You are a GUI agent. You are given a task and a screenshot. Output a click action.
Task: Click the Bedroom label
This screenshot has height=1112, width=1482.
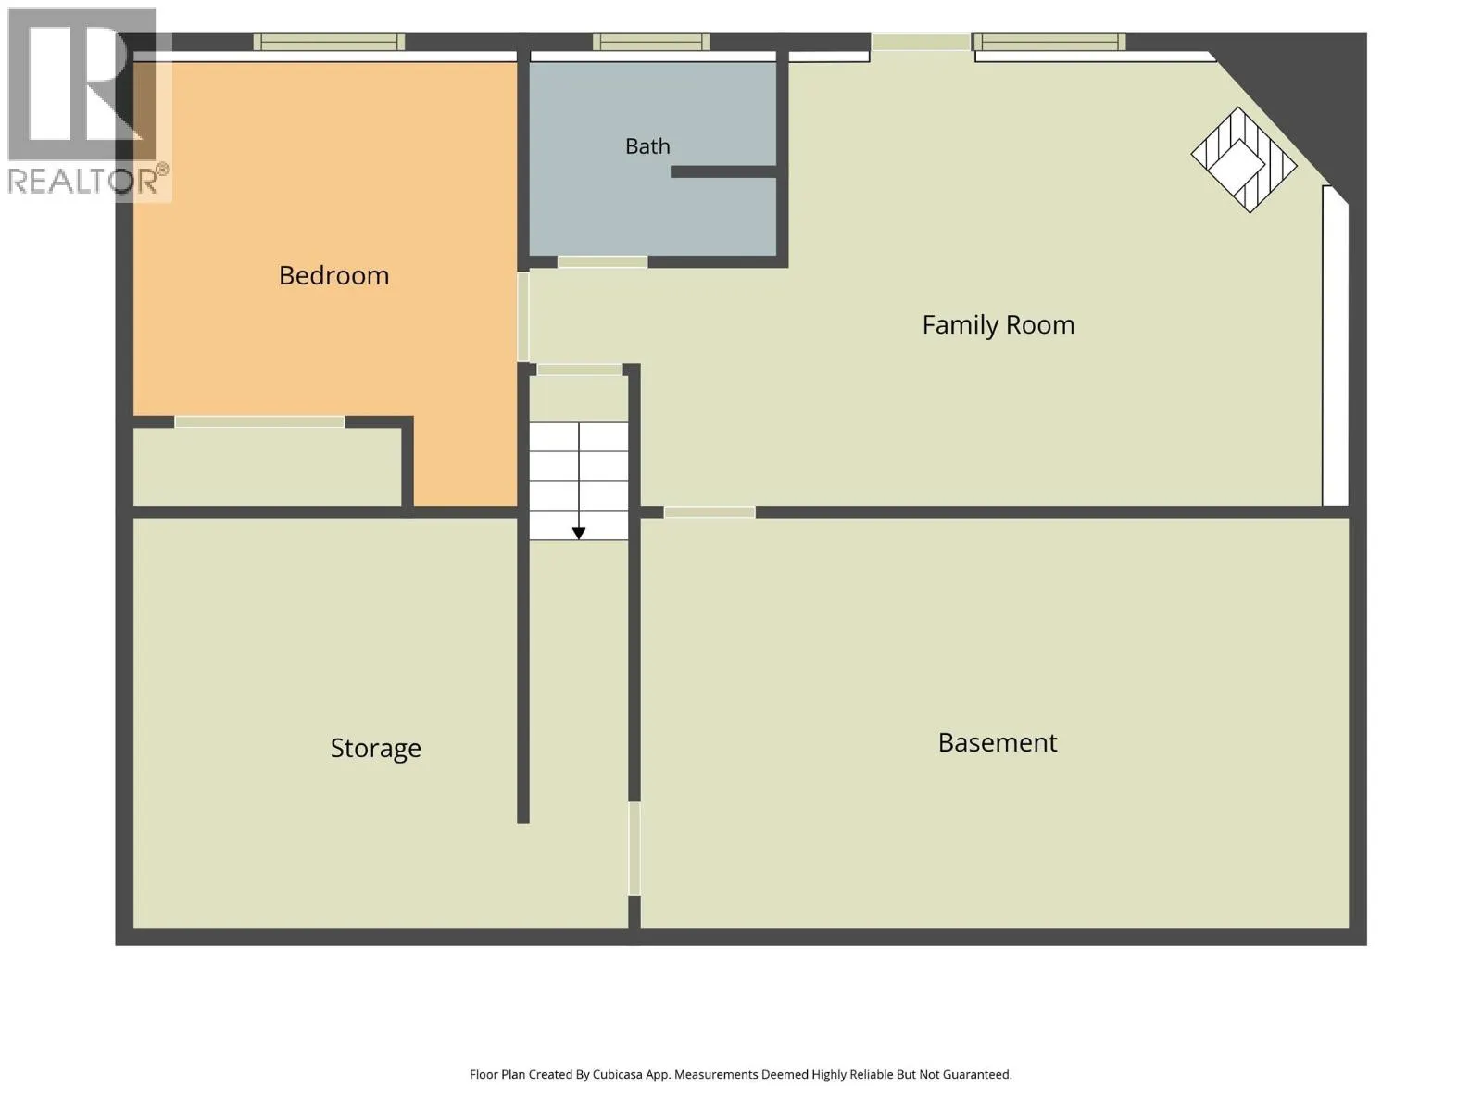pyautogui.click(x=333, y=275)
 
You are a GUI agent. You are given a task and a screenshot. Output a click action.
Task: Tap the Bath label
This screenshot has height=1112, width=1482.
pyautogui.click(x=647, y=145)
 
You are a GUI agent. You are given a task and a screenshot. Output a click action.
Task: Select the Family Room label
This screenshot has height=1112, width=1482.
pyautogui.click(x=998, y=324)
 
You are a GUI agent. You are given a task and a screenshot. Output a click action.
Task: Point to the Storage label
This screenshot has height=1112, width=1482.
pyautogui.click(x=375, y=748)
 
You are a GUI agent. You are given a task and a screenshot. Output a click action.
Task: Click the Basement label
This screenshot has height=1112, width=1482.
pyautogui.click(x=998, y=742)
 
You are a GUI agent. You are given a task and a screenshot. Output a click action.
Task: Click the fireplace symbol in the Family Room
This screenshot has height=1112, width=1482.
pyautogui.click(x=1244, y=160)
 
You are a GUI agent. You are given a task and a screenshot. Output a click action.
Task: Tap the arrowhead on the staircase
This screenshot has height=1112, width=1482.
pyautogui.click(x=579, y=534)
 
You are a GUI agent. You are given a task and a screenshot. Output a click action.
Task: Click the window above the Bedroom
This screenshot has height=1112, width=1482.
pyautogui.click(x=330, y=42)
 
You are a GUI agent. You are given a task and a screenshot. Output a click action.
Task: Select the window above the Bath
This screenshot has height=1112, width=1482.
pyautogui.click(x=651, y=42)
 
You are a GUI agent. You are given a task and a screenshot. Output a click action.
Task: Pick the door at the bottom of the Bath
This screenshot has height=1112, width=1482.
pyautogui.click(x=602, y=262)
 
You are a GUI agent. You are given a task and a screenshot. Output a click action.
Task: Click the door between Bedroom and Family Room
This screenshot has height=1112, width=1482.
pyautogui.click(x=523, y=317)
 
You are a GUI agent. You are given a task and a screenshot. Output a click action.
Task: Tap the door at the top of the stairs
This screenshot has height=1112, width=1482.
pyautogui.click(x=579, y=370)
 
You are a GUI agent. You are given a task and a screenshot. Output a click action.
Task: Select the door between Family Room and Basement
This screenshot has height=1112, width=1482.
pyautogui.click(x=709, y=512)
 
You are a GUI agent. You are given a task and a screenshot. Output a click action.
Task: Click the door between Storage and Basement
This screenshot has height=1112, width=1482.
pyautogui.click(x=634, y=849)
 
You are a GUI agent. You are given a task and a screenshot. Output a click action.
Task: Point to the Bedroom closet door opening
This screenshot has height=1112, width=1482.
pyautogui.click(x=259, y=422)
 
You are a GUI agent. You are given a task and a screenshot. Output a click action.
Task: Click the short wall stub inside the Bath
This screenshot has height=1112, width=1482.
pyautogui.click(x=723, y=172)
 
